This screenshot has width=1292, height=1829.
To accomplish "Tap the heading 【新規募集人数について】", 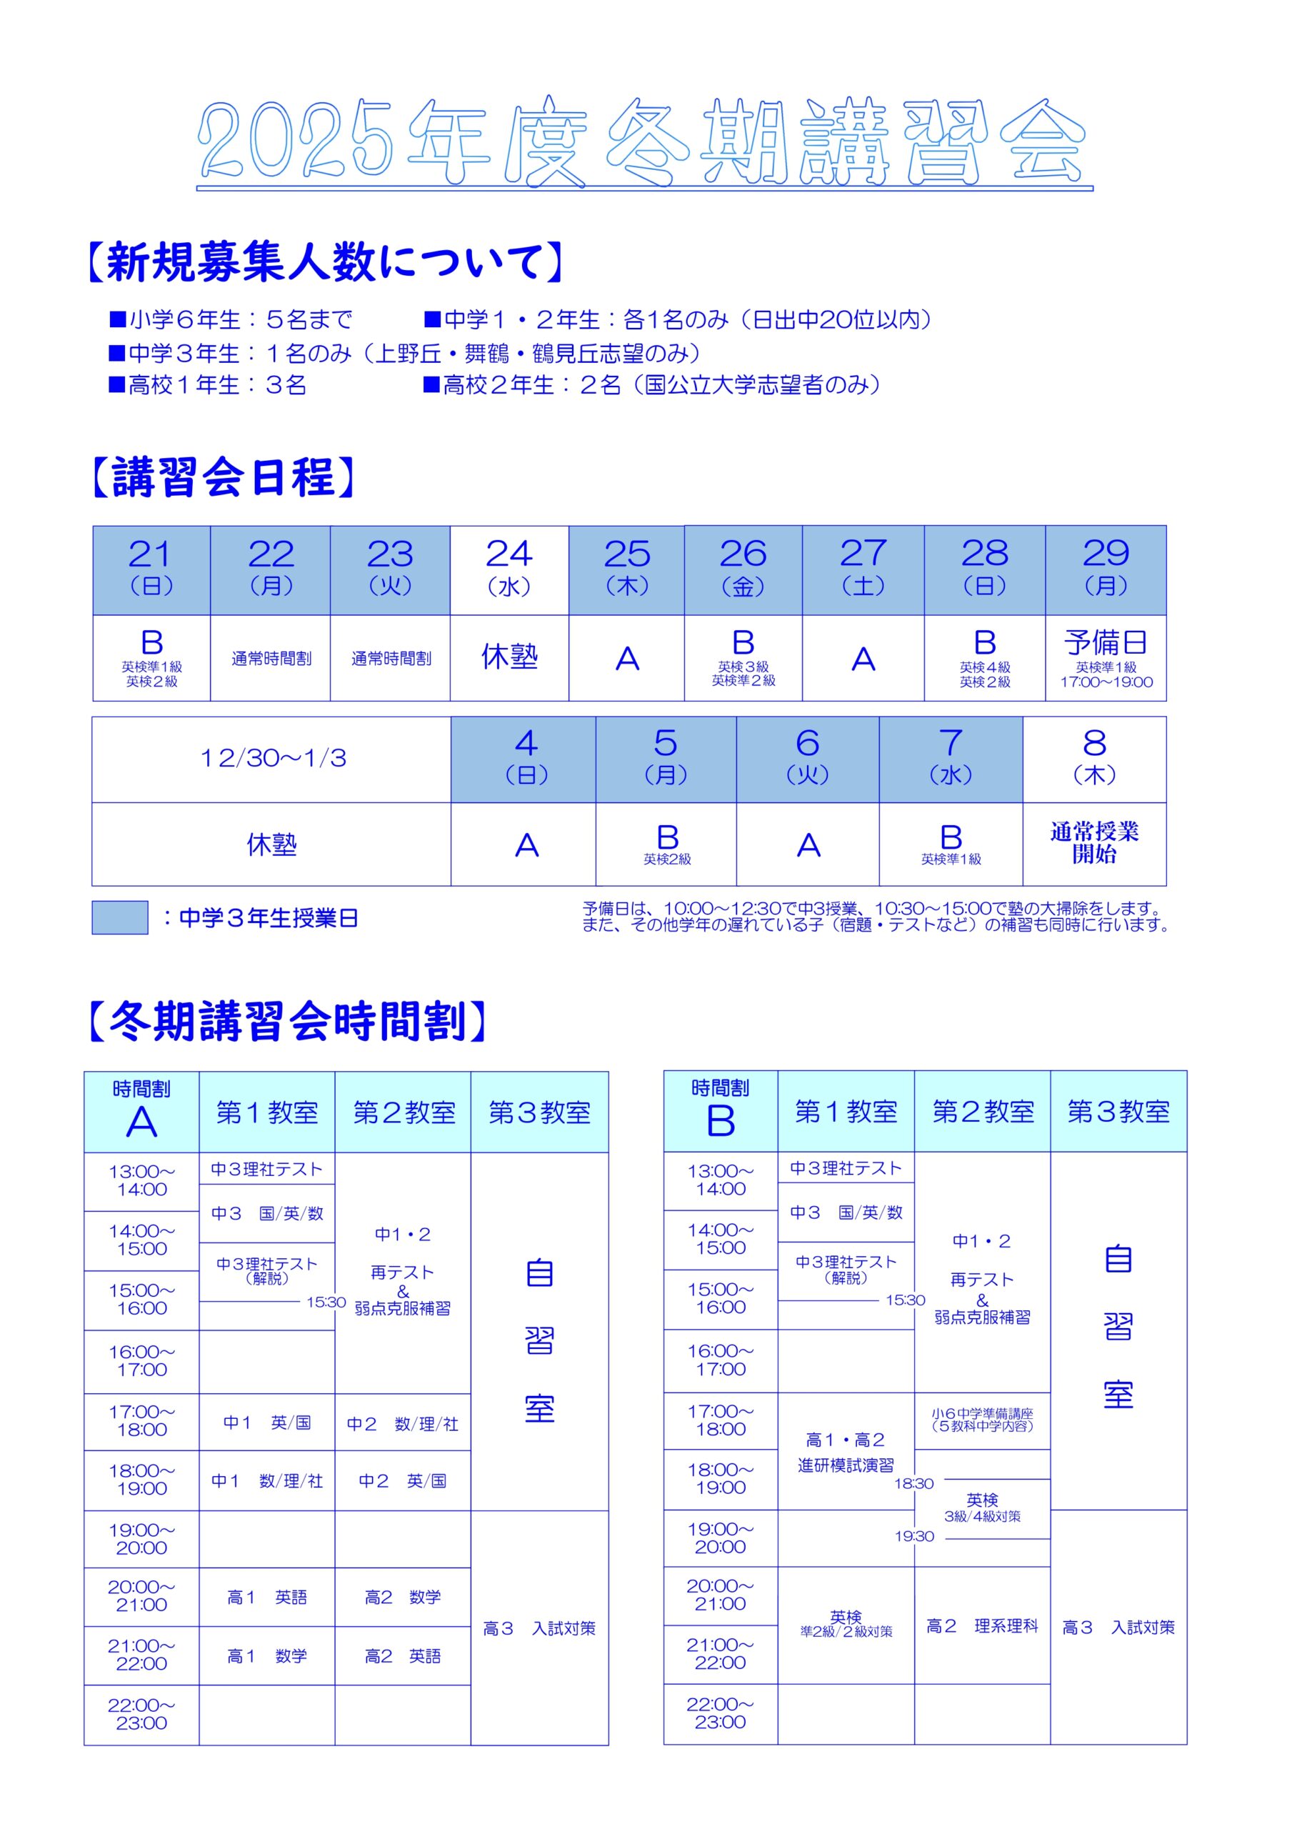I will point(324,262).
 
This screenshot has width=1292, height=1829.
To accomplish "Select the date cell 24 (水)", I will point(509,569).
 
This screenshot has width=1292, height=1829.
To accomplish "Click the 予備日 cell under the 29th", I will point(1106,658).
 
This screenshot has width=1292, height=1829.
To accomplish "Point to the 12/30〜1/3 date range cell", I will point(271,758).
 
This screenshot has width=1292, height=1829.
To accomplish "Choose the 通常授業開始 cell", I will point(1093,843).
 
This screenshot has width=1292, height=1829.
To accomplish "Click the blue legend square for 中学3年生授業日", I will point(119,917).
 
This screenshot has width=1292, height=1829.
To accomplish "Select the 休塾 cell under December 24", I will point(509,658).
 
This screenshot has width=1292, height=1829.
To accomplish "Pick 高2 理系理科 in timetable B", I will point(981,1625).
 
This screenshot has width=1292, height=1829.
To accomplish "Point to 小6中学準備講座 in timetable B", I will point(981,1420).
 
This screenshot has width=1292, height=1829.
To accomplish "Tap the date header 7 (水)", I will point(951,758).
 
